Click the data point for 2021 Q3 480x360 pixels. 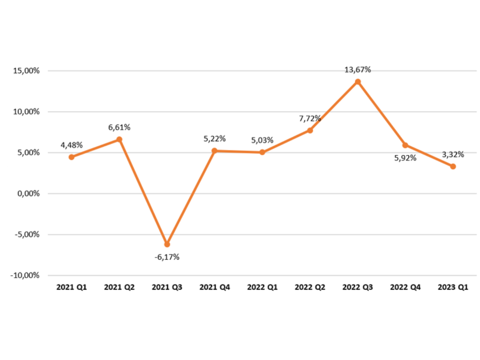point(167,244)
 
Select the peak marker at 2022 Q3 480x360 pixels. point(358,82)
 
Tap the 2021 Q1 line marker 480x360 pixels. point(71,157)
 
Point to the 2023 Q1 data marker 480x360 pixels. point(453,166)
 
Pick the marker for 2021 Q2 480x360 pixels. point(119,140)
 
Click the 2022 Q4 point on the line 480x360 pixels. point(405,145)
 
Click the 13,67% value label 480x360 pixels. point(358,70)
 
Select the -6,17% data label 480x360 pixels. point(167,257)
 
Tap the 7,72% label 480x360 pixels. point(310,118)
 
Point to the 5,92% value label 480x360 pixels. point(405,158)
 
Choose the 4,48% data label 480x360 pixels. point(72,145)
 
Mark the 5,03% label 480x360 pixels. point(262,140)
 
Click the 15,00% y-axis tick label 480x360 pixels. point(26,71)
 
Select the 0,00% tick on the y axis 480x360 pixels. point(28,194)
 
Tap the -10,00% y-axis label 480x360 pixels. point(26,276)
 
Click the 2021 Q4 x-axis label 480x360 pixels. point(215,287)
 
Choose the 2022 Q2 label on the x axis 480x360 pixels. point(310,287)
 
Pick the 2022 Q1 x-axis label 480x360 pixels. point(262,287)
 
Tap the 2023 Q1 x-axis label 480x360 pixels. point(453,287)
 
